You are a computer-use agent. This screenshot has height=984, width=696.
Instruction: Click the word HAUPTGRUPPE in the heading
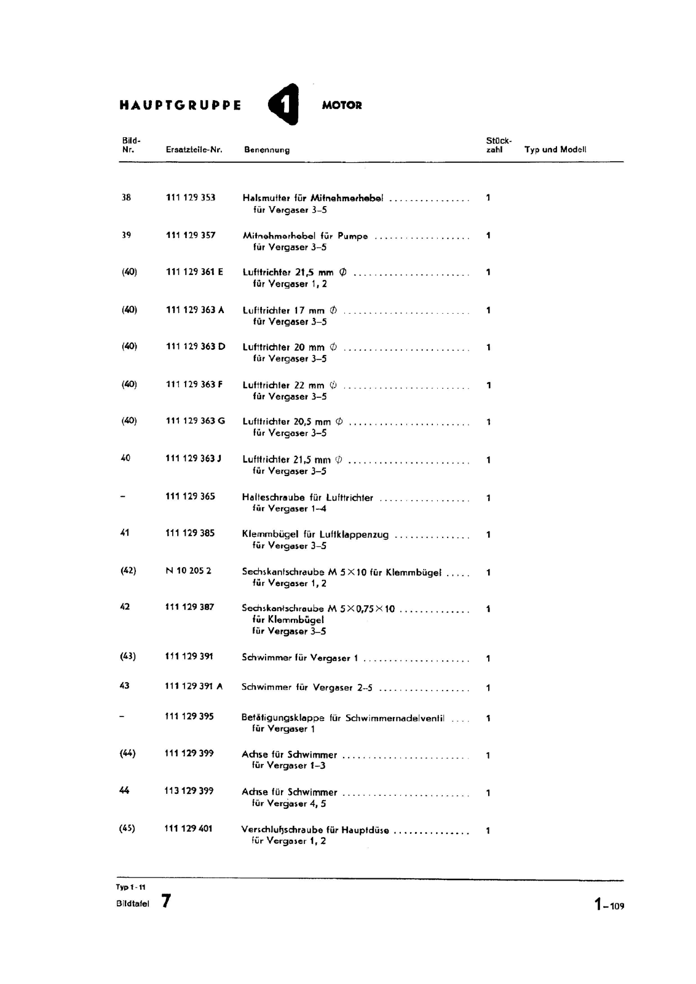[180, 105]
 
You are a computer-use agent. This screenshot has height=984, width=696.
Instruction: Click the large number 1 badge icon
[285, 105]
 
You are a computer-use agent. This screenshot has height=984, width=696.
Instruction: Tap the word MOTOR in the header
[342, 105]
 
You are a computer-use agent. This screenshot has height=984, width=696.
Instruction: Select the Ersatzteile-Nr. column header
[194, 149]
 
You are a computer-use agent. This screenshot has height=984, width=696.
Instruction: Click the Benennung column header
[267, 149]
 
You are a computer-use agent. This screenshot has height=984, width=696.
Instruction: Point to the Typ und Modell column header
[555, 149]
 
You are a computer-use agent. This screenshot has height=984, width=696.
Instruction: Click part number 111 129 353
[191, 197]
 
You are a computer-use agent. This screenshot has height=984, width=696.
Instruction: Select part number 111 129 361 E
[194, 272]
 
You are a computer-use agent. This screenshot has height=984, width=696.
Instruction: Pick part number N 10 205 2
[188, 571]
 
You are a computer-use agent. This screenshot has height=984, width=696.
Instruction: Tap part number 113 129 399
[189, 791]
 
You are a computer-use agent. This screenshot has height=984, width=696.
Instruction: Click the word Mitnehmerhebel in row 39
[279, 236]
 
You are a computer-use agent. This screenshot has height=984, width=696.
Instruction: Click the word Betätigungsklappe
[282, 718]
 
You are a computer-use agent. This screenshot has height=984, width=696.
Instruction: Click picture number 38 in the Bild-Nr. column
[126, 197]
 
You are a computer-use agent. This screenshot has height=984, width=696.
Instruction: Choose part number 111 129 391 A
[193, 686]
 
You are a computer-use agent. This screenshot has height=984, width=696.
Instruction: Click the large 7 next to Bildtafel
[166, 902]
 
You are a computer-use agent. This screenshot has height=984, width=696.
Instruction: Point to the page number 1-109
[609, 905]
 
